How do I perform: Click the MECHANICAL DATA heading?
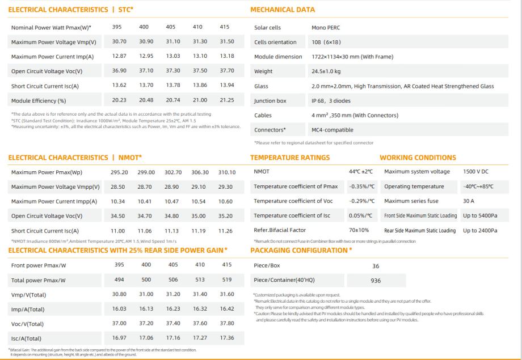tap(282, 10)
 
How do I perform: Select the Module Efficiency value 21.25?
tap(226, 101)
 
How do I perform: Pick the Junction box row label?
tap(270, 101)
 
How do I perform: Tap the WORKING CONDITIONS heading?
tap(418, 158)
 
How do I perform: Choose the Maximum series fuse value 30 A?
tap(469, 201)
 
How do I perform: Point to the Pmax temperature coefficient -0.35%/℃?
tap(361, 187)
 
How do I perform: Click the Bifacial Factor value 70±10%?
tap(359, 231)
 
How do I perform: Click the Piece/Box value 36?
tap(376, 266)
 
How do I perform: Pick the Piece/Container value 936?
tap(376, 281)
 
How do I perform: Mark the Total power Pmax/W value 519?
tap(227, 280)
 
